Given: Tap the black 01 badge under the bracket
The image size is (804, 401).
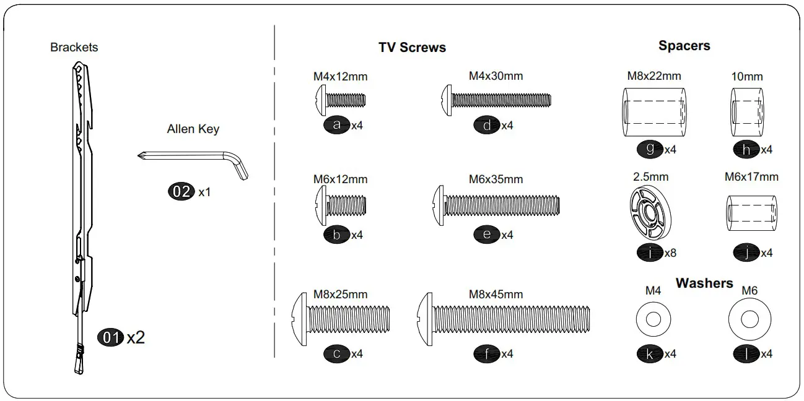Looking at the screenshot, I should (x=110, y=338).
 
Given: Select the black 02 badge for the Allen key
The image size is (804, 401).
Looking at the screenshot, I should (x=181, y=191).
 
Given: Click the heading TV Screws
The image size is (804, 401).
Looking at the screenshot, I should (x=412, y=48).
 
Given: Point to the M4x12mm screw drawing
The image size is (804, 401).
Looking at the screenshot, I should (x=340, y=99).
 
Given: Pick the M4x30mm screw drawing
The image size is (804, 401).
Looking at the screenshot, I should (x=496, y=99).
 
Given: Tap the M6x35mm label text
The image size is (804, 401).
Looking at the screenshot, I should (x=496, y=179).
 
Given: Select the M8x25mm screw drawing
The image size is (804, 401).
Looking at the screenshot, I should (x=340, y=318).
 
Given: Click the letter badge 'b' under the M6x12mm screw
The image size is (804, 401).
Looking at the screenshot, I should (x=336, y=235).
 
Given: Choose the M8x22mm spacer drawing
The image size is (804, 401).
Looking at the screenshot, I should (x=653, y=112).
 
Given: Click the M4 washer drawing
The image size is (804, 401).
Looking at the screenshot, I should (x=653, y=320).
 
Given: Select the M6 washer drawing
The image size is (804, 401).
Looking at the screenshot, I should (x=749, y=320).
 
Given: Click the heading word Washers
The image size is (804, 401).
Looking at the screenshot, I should (x=704, y=283).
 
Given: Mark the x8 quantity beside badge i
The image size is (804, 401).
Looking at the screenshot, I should (x=670, y=253).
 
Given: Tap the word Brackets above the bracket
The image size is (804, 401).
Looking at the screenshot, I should (x=74, y=47).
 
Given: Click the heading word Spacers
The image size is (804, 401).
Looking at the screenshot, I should (x=684, y=46).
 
